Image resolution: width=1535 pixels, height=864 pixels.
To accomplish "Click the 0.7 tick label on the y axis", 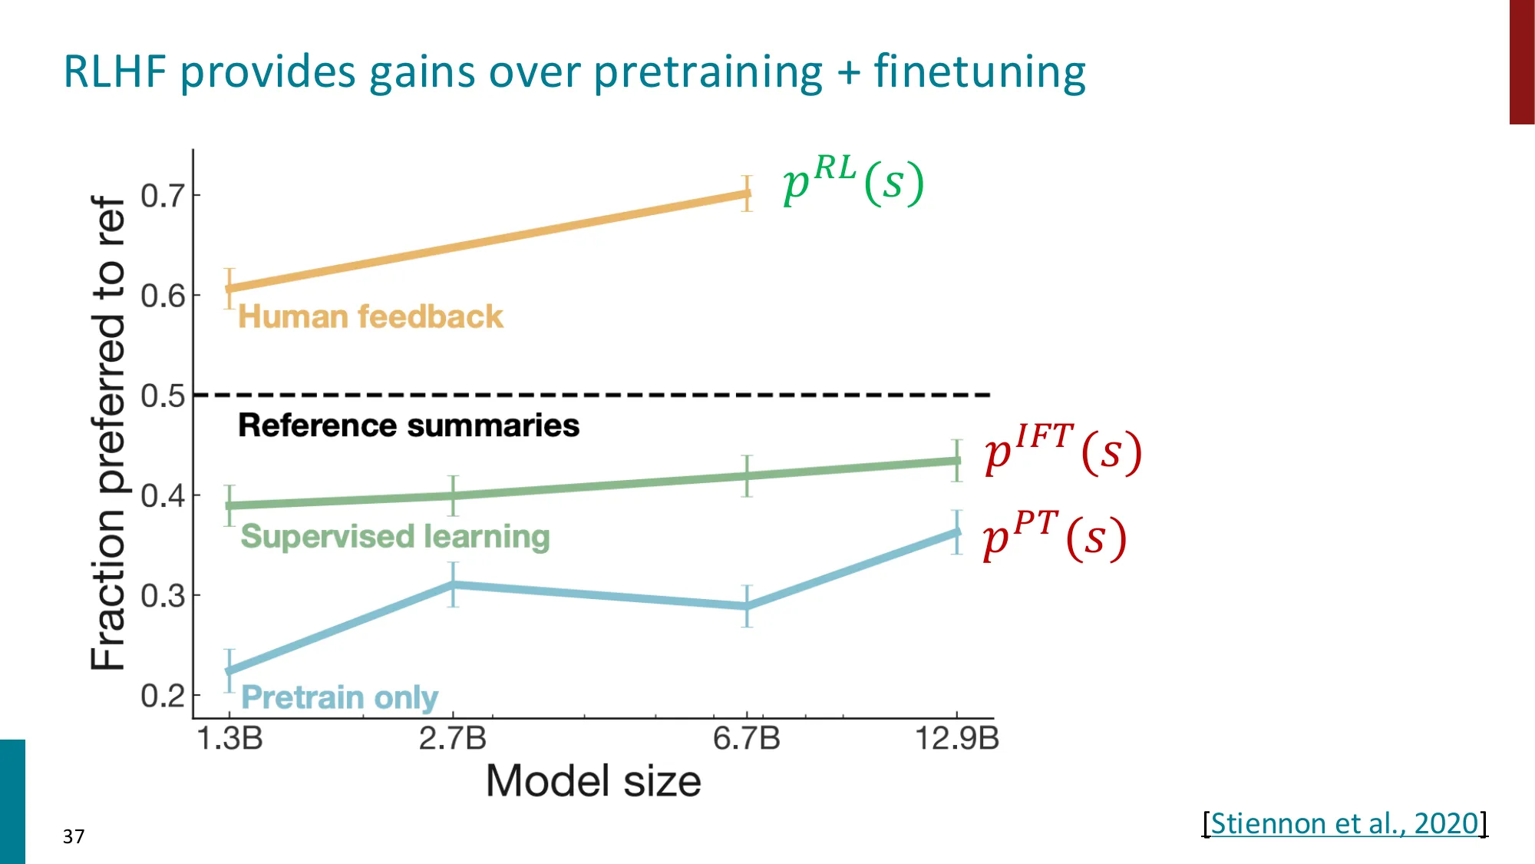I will tap(163, 196).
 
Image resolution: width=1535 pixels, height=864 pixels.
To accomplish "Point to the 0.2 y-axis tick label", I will tap(163, 696).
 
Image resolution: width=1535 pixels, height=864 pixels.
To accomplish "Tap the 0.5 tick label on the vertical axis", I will tap(163, 396).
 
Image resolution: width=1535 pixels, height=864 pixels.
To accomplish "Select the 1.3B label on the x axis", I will tap(229, 739).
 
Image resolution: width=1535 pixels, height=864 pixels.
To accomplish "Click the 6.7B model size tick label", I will tap(746, 739).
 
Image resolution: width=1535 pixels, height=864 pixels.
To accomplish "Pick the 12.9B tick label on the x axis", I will tap(956, 739).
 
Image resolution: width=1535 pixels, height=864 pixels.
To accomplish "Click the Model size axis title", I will tap(593, 781).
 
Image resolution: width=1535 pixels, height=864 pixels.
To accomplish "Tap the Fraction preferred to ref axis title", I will tap(108, 432).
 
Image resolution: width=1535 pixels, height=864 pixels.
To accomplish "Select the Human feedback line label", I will tap(370, 316).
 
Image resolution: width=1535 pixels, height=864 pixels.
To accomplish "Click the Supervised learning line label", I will tap(395, 536).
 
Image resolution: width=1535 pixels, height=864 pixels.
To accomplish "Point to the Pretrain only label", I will tap(339, 697).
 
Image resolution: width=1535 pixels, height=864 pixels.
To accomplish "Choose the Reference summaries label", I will tap(408, 425).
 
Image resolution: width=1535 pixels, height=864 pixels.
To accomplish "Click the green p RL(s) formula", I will tap(853, 180).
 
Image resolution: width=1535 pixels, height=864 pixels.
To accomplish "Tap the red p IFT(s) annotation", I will tap(1063, 449).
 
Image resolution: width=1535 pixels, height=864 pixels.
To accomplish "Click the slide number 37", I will tap(74, 836).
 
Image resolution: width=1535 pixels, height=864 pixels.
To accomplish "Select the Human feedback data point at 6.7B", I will tap(747, 194).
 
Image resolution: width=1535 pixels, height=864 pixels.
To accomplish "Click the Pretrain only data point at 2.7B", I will tap(454, 584).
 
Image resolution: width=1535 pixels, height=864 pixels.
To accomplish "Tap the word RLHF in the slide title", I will tap(114, 72).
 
